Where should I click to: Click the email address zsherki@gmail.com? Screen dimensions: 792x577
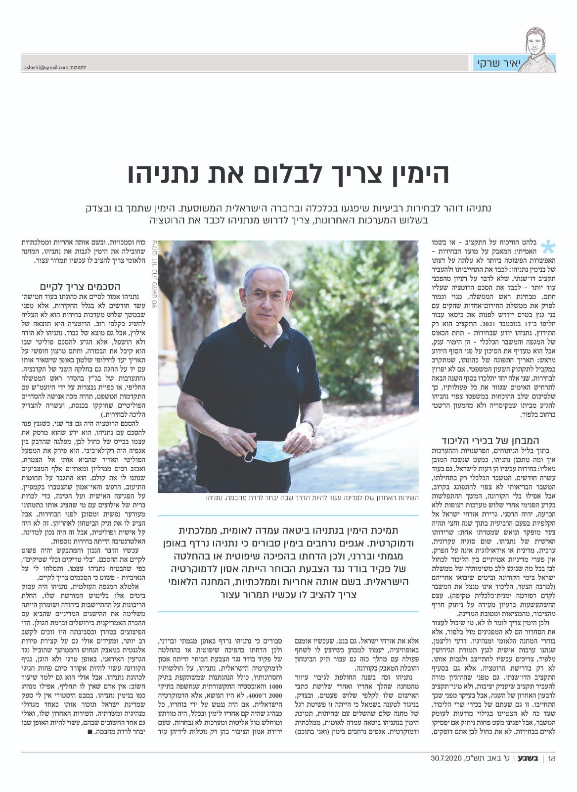pyautogui.click(x=45, y=67)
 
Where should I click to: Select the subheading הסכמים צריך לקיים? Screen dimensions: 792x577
pyautogui.click(x=80, y=287)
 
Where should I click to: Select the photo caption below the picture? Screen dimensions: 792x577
pyautogui.click(x=312, y=497)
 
